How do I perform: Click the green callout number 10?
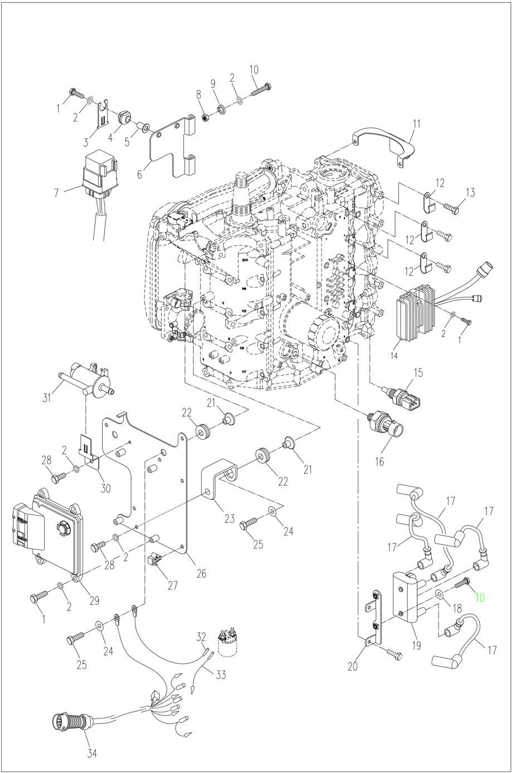(479, 598)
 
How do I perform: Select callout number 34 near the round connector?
(91, 754)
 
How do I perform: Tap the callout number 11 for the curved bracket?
(417, 123)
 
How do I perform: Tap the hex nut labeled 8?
(204, 117)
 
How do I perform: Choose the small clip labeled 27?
(155, 559)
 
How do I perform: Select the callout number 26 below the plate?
(201, 573)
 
